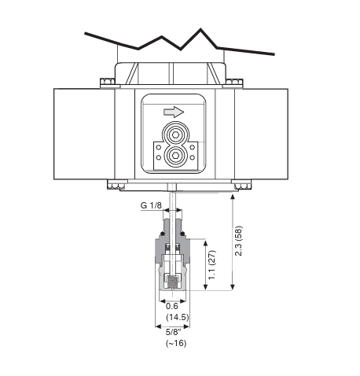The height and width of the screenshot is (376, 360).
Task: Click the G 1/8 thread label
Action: tap(151, 205)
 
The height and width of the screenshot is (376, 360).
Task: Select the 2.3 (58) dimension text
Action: tap(239, 241)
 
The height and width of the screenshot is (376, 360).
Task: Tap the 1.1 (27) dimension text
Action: tap(212, 265)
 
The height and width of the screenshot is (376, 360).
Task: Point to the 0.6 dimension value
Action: tap(172, 306)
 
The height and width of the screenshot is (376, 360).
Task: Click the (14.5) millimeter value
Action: tap(178, 317)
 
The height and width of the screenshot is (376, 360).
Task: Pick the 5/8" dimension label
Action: tap(173, 332)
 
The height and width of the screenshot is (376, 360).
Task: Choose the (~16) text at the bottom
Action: tap(176, 343)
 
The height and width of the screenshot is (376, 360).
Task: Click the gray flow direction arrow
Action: tap(174, 112)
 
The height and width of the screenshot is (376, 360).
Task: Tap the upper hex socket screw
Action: tap(175, 135)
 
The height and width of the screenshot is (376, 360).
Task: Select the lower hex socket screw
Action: tap(175, 156)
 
